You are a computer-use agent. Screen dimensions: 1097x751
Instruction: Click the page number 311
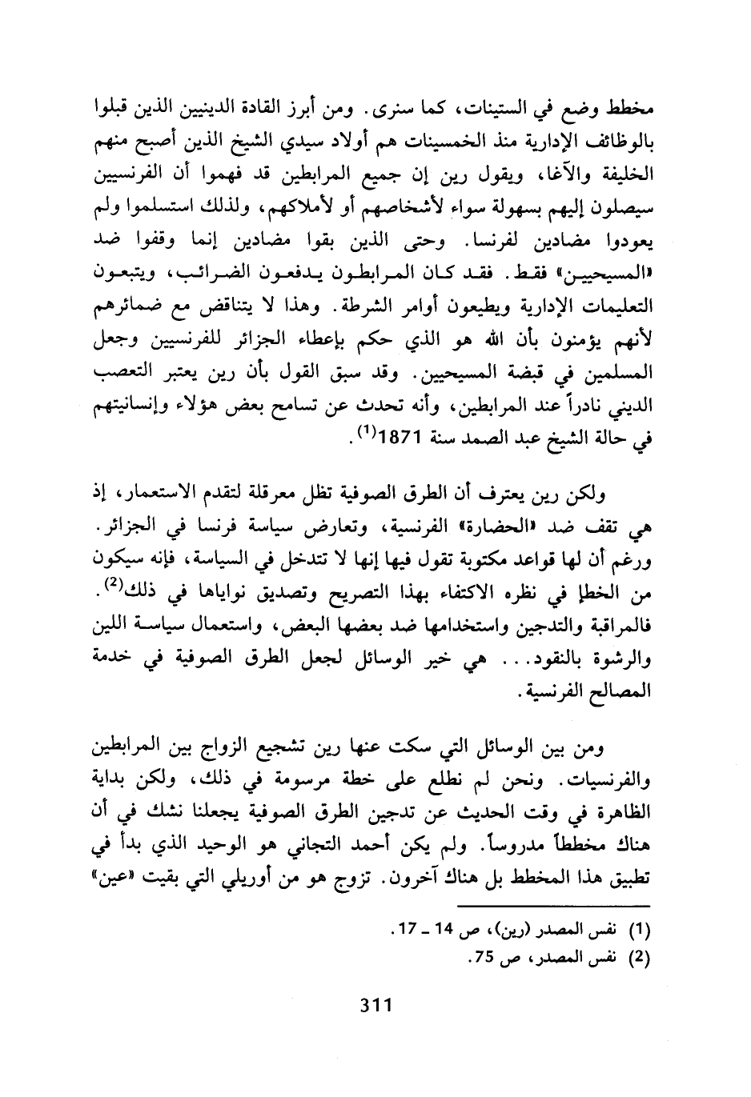(x=375, y=1004)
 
